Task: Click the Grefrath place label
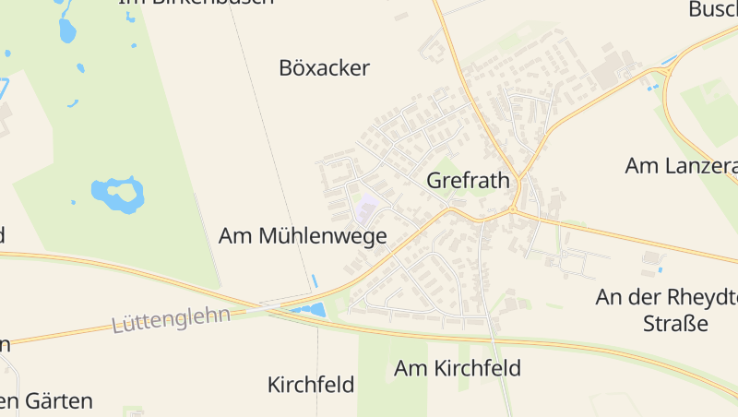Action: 468,180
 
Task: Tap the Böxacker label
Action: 324,67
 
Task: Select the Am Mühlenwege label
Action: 302,236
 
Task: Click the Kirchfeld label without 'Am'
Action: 311,385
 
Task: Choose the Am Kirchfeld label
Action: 458,368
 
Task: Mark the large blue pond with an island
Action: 117,195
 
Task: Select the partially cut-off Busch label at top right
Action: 713,10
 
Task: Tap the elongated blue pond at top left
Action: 66,29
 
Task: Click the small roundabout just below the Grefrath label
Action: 513,209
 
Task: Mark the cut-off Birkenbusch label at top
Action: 196,3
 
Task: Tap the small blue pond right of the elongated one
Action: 81,67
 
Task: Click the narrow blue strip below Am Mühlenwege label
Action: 315,280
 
